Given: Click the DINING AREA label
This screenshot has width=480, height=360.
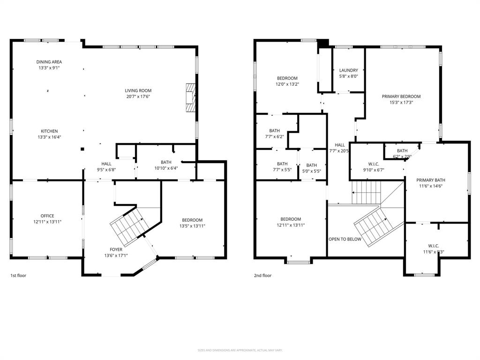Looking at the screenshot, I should click(49, 62).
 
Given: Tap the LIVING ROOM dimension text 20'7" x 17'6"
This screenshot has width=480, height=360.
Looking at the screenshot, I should click(138, 97).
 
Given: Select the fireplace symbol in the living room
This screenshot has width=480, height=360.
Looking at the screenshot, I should click(190, 97).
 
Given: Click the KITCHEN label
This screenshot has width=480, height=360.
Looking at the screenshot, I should click(49, 131).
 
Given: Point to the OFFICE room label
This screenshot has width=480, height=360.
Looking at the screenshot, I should click(47, 216).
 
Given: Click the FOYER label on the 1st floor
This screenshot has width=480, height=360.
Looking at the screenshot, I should click(116, 249).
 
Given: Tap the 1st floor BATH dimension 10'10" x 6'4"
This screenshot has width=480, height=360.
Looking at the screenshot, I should click(166, 168).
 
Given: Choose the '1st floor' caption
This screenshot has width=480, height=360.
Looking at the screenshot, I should click(18, 276).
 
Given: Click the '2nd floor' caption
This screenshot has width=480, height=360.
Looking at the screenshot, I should click(262, 276).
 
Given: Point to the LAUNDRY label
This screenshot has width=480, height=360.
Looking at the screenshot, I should click(348, 70).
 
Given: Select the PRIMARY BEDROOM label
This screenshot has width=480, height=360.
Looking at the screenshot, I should click(401, 97).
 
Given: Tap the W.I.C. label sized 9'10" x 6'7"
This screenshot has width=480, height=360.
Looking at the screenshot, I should click(374, 164).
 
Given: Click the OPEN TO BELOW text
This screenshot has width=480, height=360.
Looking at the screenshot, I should click(345, 239).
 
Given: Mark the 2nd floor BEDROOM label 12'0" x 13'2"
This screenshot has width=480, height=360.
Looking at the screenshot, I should click(287, 78).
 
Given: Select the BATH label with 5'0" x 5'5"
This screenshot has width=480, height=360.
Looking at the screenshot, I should click(311, 165).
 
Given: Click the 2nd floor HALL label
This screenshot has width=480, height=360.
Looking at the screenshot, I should click(339, 145).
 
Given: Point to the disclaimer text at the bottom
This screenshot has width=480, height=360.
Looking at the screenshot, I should click(240, 350).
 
